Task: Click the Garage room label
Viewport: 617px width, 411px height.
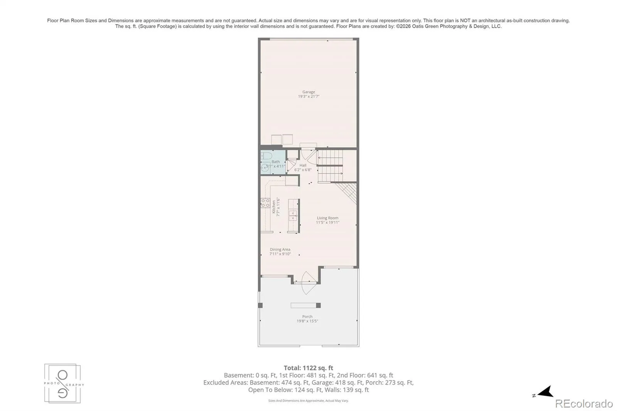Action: tap(308, 92)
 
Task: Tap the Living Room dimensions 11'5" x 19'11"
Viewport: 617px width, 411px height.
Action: tap(327, 222)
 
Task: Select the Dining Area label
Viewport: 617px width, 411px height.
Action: tap(280, 249)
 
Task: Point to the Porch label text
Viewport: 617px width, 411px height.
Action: tap(307, 317)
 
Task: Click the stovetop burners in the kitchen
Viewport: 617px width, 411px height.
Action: tap(265, 203)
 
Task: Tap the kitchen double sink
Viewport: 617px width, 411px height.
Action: tap(293, 216)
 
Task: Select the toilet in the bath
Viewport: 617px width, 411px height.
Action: tap(266, 156)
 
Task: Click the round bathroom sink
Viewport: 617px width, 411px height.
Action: tap(265, 167)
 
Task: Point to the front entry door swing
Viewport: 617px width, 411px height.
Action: tap(308, 283)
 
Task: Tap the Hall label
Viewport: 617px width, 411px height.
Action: tap(303, 165)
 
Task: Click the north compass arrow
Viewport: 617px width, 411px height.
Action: tap(545, 392)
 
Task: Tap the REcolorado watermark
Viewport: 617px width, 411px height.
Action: tap(584, 404)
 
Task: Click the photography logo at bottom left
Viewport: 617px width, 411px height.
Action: tap(63, 384)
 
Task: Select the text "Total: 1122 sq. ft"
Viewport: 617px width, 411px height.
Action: tap(308, 368)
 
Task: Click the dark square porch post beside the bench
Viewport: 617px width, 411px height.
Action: tap(318, 305)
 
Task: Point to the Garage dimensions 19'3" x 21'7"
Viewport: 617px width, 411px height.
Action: tap(308, 96)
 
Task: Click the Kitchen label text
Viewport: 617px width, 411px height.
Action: tap(274, 207)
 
